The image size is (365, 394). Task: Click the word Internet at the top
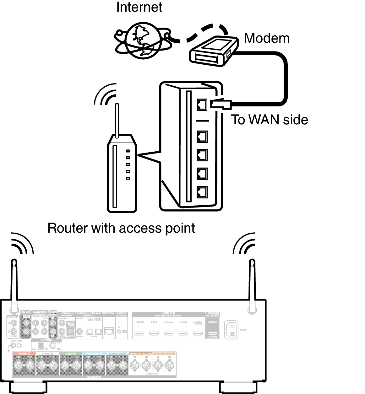tap(139, 7)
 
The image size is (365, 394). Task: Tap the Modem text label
tap(266, 38)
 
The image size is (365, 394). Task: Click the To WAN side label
tap(270, 120)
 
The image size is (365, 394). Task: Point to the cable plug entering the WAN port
tap(221, 104)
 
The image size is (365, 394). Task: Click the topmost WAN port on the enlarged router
tap(202, 104)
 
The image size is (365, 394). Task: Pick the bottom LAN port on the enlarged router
tap(202, 192)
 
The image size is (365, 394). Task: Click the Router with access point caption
tap(121, 228)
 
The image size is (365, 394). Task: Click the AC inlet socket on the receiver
tap(231, 330)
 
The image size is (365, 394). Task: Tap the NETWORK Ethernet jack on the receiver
tap(109, 331)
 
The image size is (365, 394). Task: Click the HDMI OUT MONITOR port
tap(213, 333)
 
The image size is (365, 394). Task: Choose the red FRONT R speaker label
tap(25, 354)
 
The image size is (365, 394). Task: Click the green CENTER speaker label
tap(71, 354)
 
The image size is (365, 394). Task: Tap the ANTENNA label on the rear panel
tap(46, 340)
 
